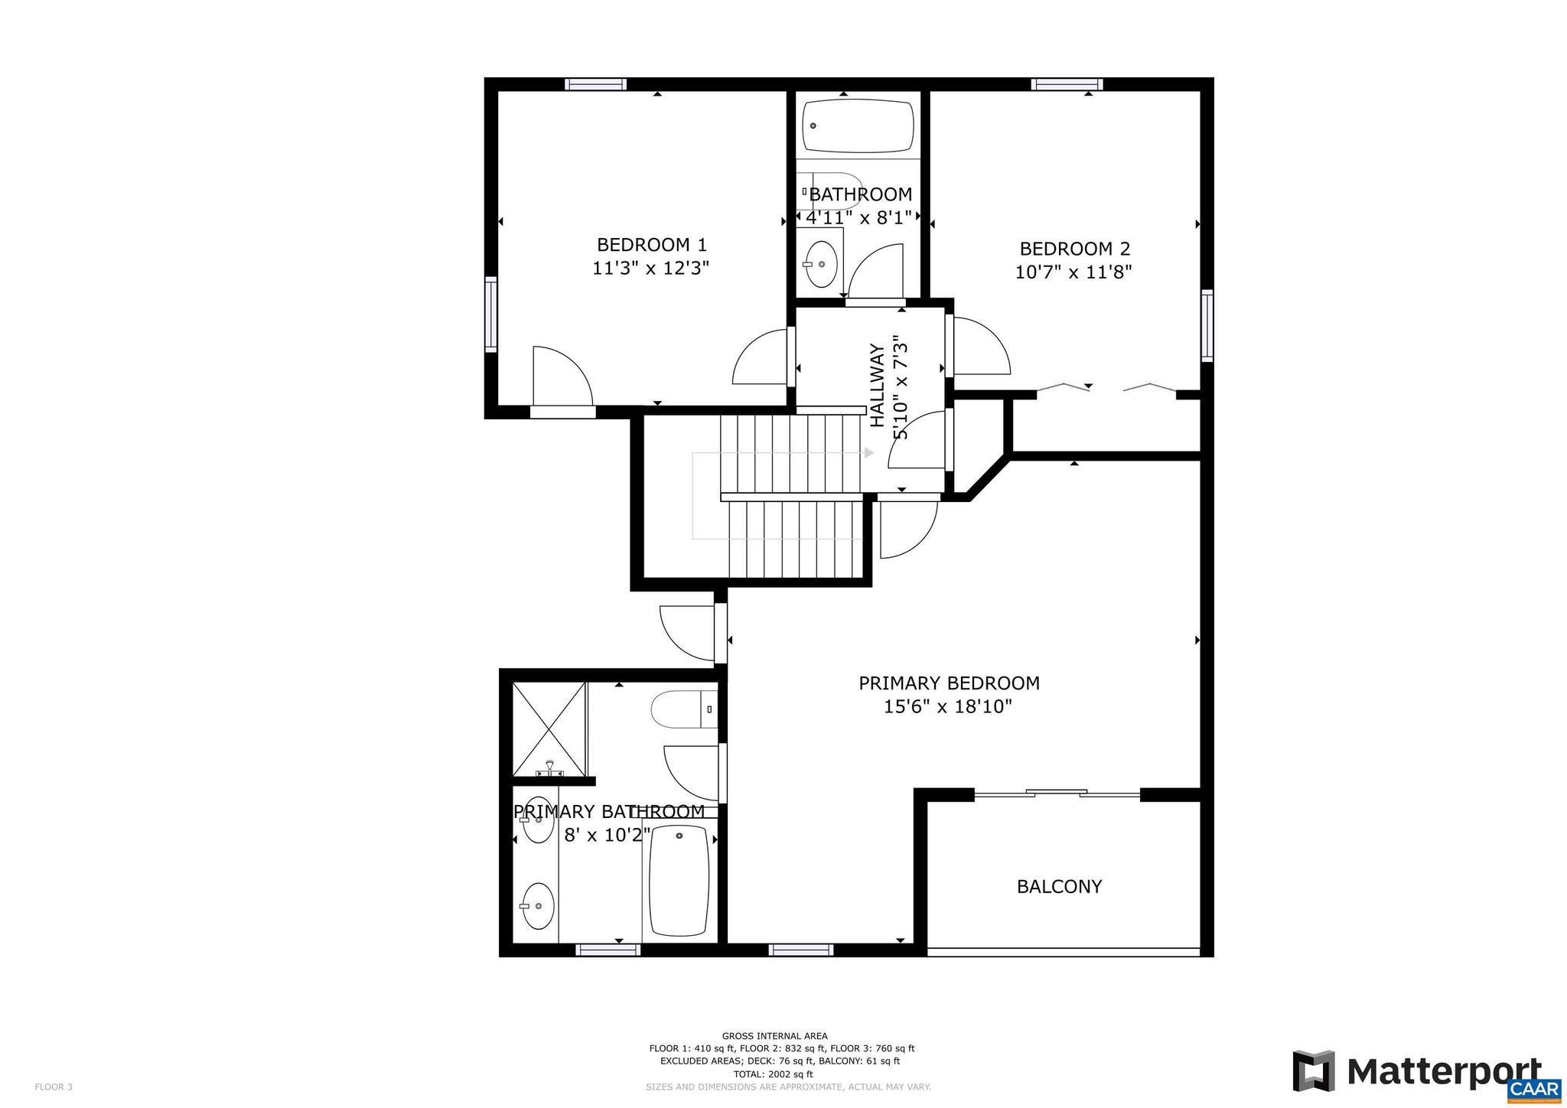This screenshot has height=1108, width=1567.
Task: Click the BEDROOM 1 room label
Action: (651, 245)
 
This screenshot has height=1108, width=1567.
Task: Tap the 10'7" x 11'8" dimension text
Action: (1073, 272)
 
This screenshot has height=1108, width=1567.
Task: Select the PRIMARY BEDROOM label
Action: (949, 683)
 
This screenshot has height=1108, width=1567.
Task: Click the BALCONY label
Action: (1059, 886)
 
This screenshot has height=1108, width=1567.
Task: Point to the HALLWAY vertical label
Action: (878, 386)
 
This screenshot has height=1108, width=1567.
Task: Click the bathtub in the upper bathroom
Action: (858, 127)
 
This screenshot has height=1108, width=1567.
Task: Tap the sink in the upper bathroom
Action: (821, 264)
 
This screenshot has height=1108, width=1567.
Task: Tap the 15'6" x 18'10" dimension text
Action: (948, 706)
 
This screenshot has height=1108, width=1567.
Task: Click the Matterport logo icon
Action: (1313, 1071)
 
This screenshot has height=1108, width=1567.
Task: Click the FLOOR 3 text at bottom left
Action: (54, 1087)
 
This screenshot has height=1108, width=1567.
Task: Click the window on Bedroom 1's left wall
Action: (490, 314)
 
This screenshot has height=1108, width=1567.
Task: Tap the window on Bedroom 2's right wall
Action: (1207, 325)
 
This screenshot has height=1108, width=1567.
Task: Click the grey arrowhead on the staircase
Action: (869, 453)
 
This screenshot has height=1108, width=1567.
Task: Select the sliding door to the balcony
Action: (1057, 794)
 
